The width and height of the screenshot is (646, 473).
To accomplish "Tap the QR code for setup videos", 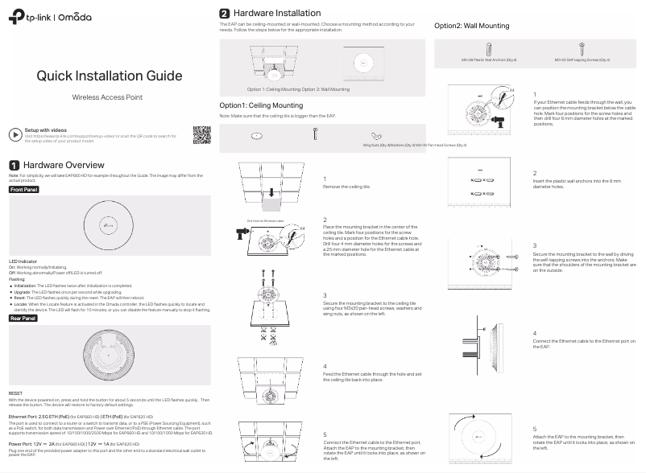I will point(201,135).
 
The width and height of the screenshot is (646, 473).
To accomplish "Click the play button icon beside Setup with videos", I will point(14,133).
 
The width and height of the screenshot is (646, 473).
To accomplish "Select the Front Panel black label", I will point(23,189).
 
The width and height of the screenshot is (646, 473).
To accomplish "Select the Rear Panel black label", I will point(23,319).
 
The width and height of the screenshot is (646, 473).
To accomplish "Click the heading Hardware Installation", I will point(276,13).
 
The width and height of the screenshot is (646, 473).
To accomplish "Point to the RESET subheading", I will point(16,394).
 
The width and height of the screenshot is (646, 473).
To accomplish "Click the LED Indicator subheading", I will point(24,261).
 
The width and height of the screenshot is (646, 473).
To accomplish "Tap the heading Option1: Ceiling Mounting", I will point(261,105).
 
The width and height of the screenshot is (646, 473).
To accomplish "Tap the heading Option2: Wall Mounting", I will point(471,26).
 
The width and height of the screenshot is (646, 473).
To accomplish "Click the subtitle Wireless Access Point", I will point(107,97).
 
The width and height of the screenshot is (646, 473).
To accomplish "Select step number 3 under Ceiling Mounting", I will point(325,295).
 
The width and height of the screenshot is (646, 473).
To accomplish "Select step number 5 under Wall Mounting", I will point(535,430).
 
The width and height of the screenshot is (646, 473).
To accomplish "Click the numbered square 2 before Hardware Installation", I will point(225,14).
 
